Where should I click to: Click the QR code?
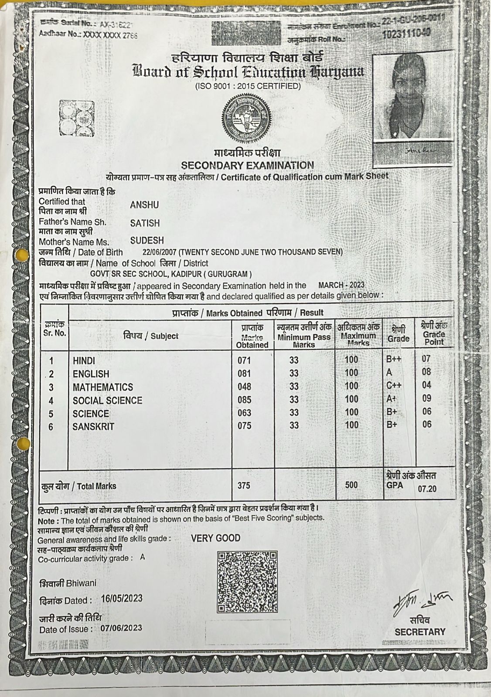247,581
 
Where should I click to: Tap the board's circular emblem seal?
247,118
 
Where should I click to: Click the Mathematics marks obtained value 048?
245,387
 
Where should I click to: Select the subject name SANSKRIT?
93,426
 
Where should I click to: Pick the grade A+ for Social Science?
391,398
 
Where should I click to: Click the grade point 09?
426,398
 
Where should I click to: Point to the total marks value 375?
244,485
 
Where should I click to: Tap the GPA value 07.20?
427,489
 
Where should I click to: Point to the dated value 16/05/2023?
121,598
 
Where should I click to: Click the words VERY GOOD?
215,538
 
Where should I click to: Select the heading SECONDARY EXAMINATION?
247,165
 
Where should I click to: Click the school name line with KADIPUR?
171,274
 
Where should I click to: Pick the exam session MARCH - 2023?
341,285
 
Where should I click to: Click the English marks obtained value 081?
244,374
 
